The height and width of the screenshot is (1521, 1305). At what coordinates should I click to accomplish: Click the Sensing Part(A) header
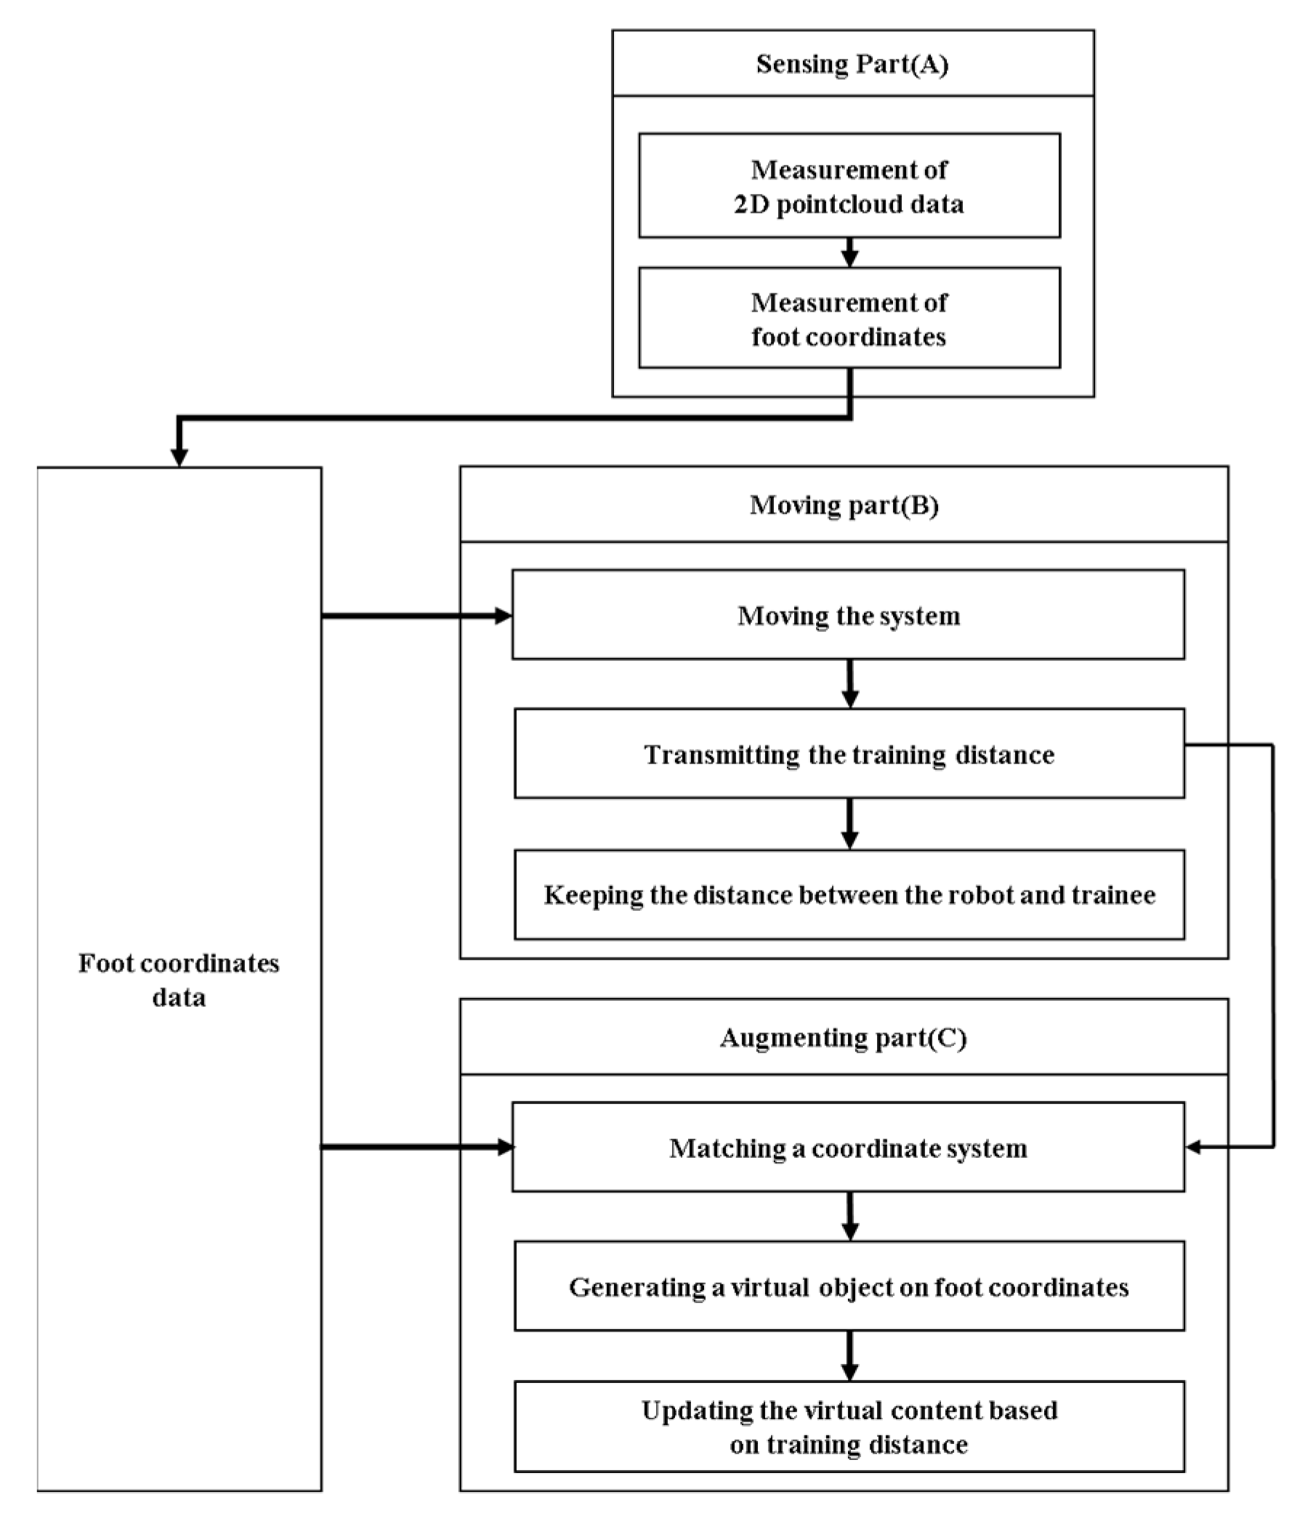click(852, 64)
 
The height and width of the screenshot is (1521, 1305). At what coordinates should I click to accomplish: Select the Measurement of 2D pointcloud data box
click(849, 186)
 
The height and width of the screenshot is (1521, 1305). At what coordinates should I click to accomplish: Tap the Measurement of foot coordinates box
click(849, 319)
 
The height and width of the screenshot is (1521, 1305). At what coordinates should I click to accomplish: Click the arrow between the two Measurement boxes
click(849, 253)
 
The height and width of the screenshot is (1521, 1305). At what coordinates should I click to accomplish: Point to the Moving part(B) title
click(844, 505)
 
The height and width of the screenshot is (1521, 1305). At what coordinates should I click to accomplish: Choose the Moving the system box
click(848, 615)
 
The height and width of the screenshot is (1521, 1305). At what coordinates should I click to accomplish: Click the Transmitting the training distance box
click(849, 754)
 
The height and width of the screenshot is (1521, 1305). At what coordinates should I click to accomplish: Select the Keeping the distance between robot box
click(849, 895)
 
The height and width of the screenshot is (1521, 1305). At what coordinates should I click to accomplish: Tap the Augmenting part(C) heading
click(843, 1037)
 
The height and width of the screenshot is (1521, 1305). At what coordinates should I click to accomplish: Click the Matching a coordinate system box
click(848, 1148)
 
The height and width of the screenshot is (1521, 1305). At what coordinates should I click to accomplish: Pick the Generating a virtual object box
click(849, 1287)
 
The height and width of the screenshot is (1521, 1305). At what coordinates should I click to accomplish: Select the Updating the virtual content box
click(849, 1427)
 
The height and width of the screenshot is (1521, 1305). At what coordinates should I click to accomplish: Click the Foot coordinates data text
click(179, 980)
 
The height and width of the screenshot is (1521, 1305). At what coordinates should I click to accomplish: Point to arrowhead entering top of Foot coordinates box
click(179, 457)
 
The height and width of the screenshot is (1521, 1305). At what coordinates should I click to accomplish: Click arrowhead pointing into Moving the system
click(503, 616)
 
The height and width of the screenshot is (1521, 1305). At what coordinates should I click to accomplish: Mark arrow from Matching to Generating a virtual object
click(849, 1217)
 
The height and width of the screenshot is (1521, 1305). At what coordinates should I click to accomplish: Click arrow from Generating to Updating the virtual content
click(849, 1356)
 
